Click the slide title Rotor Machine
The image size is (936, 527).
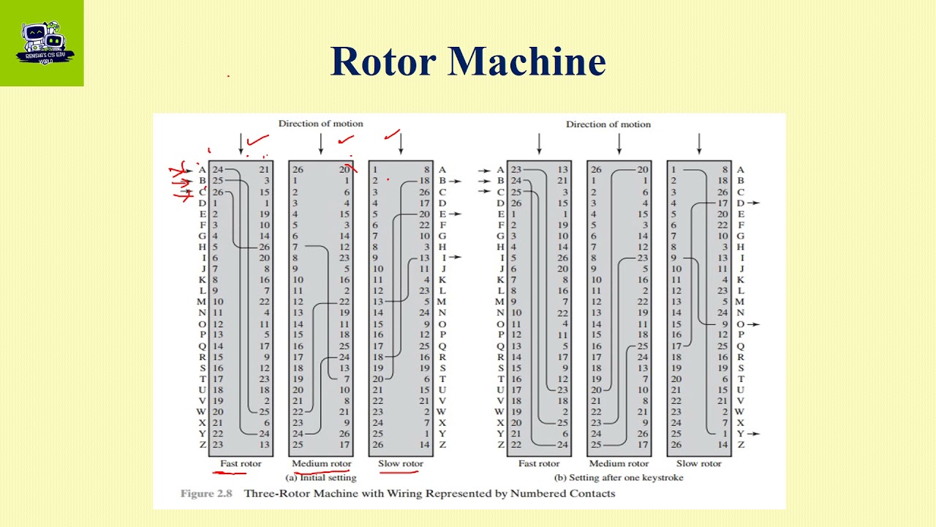(x=468, y=61)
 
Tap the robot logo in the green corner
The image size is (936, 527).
(x=42, y=42)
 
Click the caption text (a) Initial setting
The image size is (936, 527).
(x=321, y=477)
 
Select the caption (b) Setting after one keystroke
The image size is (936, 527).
(x=619, y=477)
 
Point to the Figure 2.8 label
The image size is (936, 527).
(x=206, y=493)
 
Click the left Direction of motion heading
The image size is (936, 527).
(x=320, y=124)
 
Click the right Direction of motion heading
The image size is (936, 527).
(x=608, y=124)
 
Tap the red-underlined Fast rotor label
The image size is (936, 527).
(x=241, y=463)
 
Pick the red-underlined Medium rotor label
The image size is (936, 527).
(x=321, y=463)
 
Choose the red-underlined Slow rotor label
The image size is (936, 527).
(x=401, y=463)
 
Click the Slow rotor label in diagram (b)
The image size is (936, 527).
(x=698, y=463)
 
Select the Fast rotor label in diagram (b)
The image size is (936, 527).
(x=539, y=463)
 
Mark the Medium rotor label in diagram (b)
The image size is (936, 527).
(x=619, y=463)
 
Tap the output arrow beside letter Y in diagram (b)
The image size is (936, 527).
(x=754, y=433)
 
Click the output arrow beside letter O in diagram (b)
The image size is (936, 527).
(x=754, y=324)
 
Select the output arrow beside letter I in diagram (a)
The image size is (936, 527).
(x=455, y=258)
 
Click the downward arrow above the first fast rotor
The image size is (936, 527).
(x=241, y=143)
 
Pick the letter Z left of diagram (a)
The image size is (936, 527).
(x=202, y=444)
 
